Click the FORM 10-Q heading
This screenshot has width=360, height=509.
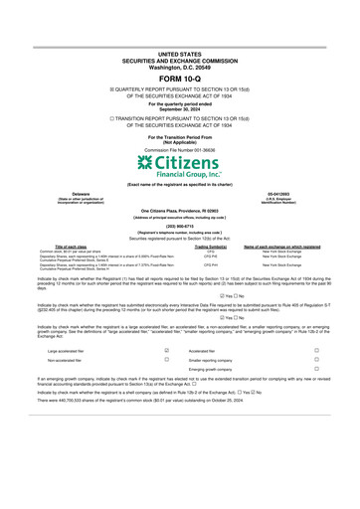179,78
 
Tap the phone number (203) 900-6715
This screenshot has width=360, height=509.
179,226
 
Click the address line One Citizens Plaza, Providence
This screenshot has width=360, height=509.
179,212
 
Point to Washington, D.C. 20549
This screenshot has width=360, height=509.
179,63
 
